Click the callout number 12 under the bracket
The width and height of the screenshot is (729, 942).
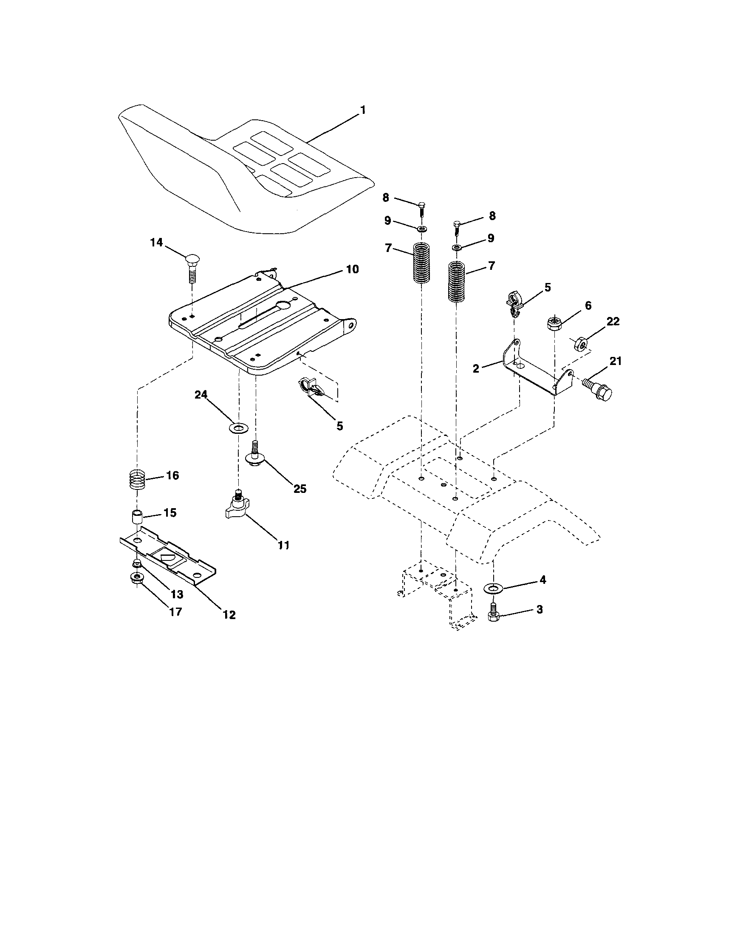point(229,615)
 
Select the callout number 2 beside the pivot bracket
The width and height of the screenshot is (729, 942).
point(476,368)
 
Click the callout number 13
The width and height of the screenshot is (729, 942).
point(177,594)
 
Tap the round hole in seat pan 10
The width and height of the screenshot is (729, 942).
point(284,306)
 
